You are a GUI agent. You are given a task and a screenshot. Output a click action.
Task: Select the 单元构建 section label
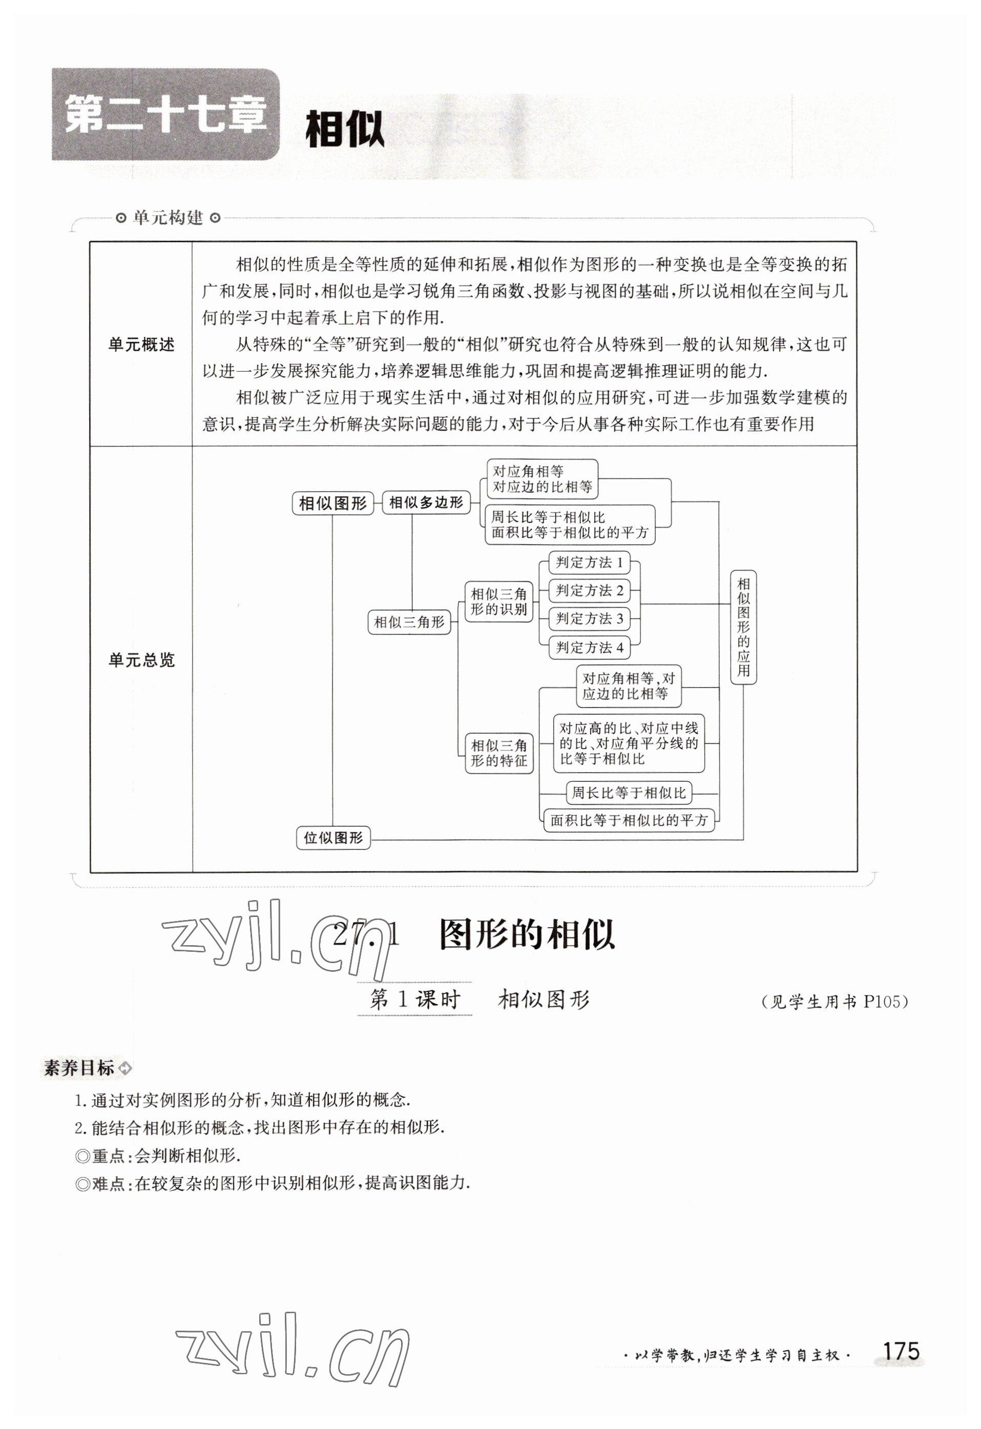[x=168, y=218]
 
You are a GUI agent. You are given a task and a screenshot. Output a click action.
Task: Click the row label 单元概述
[x=141, y=345]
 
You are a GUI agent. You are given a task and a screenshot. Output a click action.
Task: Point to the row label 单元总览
[x=141, y=660]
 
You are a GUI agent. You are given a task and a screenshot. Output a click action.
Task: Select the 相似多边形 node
[x=426, y=502]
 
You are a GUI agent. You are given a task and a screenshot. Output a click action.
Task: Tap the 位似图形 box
[x=333, y=838]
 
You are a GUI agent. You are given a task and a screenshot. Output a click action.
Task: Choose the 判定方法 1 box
[x=589, y=562]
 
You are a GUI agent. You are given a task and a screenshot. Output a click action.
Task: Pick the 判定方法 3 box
[x=589, y=618]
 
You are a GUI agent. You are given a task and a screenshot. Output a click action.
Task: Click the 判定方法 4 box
[x=589, y=648]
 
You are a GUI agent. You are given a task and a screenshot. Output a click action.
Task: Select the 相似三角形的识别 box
[x=498, y=602]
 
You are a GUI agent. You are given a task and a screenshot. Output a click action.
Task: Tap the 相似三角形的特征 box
[x=498, y=753]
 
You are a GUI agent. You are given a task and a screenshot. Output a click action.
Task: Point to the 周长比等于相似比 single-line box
[x=628, y=793]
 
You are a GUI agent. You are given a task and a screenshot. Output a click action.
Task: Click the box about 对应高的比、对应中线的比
[x=628, y=743]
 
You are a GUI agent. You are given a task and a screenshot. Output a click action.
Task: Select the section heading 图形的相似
[x=527, y=936]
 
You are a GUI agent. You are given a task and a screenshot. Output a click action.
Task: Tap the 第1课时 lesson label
[x=414, y=999]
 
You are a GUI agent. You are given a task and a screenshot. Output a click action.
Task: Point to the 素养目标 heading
[x=79, y=1068]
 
